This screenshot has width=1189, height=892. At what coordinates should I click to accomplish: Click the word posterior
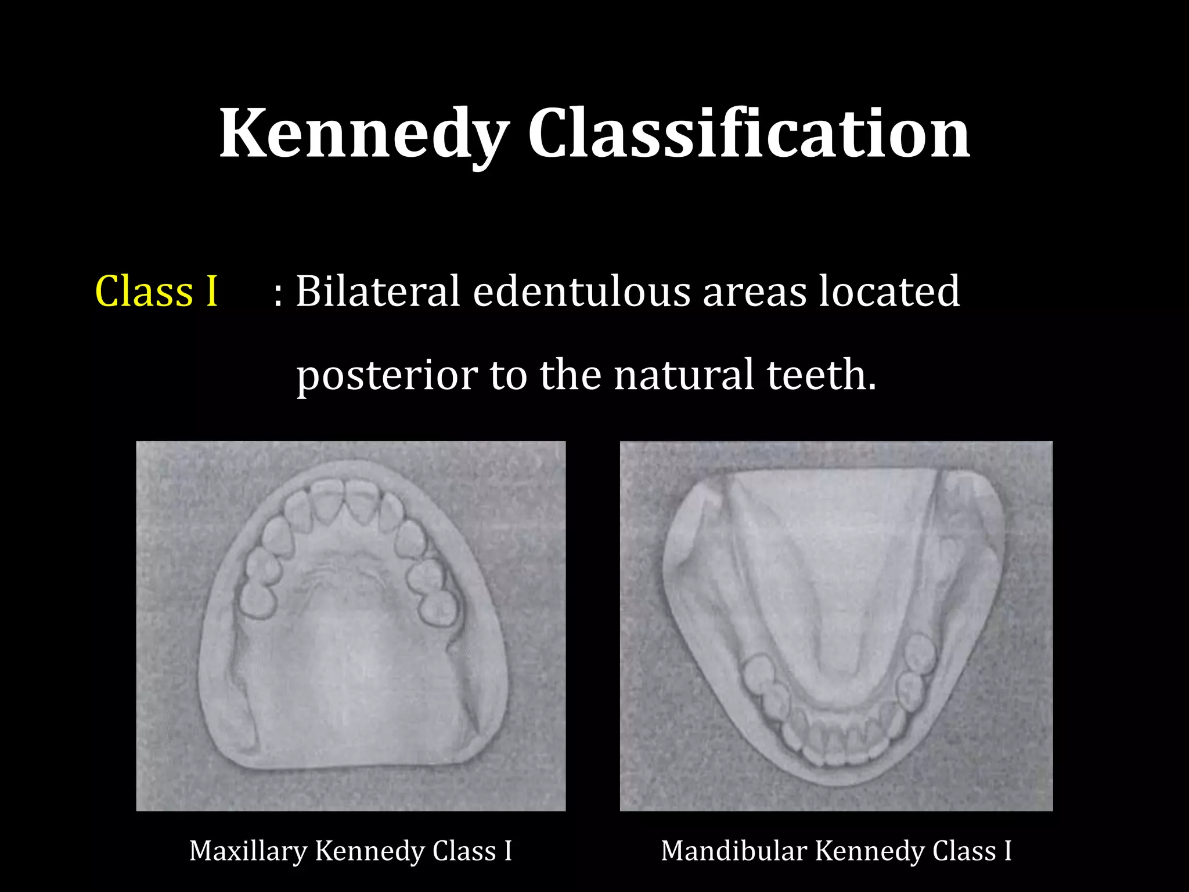click(387, 376)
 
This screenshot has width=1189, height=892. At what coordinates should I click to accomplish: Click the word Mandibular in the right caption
click(734, 851)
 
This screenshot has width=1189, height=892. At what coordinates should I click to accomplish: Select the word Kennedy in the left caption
click(368, 851)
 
